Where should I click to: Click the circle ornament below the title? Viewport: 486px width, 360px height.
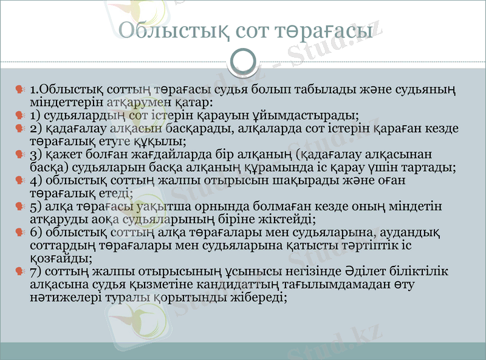pos(243,61)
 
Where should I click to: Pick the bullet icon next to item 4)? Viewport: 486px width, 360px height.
pos(21,180)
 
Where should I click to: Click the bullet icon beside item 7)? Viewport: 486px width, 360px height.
pos(21,271)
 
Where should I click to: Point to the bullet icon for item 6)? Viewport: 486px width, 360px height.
pos(21,233)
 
